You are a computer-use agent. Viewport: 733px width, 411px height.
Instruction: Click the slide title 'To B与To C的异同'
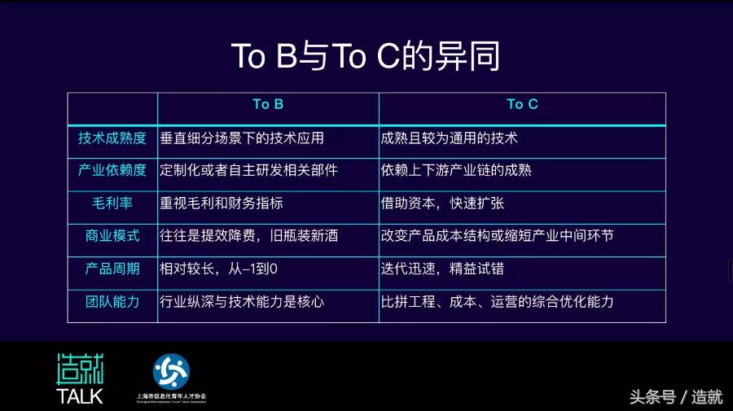[x=366, y=56]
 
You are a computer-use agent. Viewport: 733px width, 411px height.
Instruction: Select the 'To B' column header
[x=268, y=104]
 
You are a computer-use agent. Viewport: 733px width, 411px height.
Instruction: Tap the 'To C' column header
[x=522, y=104]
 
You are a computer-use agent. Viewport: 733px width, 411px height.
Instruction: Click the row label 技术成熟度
[x=112, y=138]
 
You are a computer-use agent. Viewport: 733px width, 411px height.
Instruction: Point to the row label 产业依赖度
[x=112, y=170]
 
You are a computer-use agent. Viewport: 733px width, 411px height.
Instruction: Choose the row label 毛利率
[x=112, y=203]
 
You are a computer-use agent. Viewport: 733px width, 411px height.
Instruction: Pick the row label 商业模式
[x=112, y=236]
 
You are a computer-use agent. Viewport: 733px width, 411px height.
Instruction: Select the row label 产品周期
[x=112, y=269]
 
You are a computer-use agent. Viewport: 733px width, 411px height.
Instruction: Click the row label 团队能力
[x=112, y=301]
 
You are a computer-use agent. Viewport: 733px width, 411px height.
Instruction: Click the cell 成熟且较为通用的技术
[x=449, y=138]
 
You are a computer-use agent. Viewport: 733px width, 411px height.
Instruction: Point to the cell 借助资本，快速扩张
[x=442, y=203]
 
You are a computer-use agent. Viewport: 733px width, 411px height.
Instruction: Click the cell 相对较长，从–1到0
[x=219, y=269]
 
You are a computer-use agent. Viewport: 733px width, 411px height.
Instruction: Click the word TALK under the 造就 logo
[x=80, y=396]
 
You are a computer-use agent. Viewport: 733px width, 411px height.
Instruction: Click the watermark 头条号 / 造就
[x=675, y=397]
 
